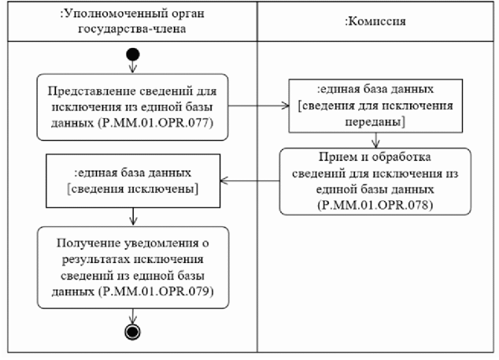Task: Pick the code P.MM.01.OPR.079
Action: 163,292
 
